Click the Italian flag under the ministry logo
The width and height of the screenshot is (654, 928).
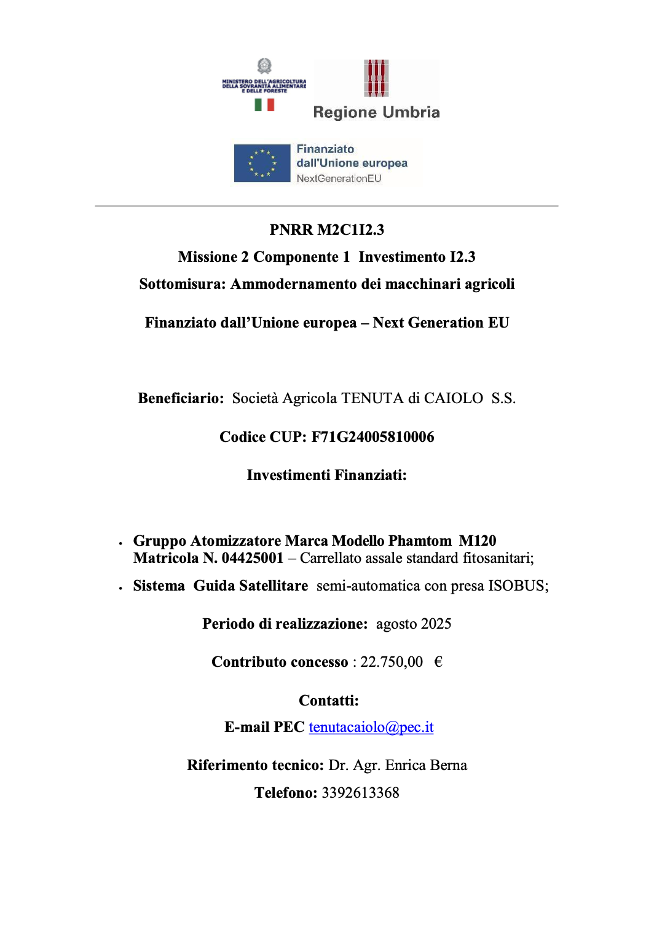(x=264, y=105)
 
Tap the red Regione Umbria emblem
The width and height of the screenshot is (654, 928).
(x=376, y=78)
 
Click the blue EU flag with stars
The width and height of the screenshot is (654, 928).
(x=262, y=163)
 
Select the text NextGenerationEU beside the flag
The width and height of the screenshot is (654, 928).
(x=339, y=178)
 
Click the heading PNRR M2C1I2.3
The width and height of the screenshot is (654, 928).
(x=326, y=230)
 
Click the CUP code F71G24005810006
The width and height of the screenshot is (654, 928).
(x=372, y=437)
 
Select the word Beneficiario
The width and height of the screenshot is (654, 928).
(x=180, y=398)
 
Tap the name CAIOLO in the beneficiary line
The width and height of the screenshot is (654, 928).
(x=454, y=398)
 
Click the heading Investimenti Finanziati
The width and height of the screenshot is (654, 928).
(x=326, y=475)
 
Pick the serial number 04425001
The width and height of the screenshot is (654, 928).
(x=252, y=558)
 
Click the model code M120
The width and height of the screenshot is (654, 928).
(x=478, y=541)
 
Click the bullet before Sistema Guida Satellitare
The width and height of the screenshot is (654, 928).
(x=120, y=588)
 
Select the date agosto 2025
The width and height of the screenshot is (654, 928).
(x=414, y=624)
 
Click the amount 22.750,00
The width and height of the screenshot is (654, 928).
(x=392, y=662)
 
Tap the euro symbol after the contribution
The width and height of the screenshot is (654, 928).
(x=438, y=662)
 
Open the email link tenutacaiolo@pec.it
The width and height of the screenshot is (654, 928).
(x=371, y=727)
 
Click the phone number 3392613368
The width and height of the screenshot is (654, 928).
(x=360, y=793)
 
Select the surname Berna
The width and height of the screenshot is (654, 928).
(x=448, y=765)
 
